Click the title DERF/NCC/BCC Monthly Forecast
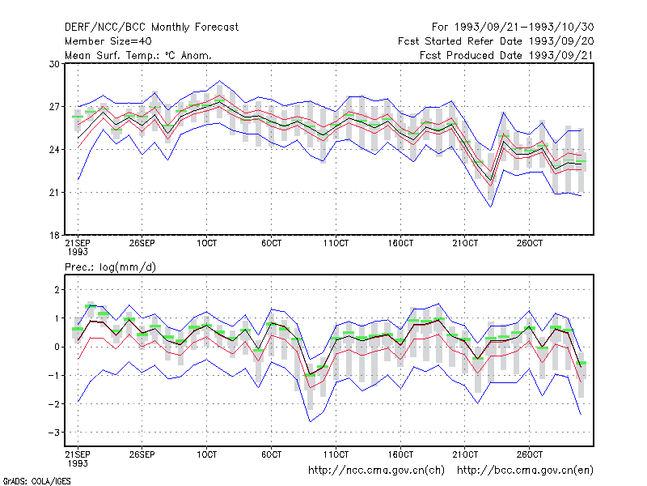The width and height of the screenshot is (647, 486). pyautogui.click(x=151, y=28)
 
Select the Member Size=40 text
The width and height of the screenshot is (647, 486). pyautogui.click(x=108, y=41)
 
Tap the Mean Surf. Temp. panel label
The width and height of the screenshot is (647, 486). pyautogui.click(x=138, y=55)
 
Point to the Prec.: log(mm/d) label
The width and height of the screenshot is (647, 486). pyautogui.click(x=110, y=267)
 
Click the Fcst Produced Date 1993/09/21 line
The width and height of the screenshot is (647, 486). pyautogui.click(x=506, y=55)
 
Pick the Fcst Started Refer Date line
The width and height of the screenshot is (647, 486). pyautogui.click(x=496, y=41)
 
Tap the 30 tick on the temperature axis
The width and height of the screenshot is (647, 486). pyautogui.click(x=54, y=64)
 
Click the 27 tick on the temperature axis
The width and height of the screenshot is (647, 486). pyautogui.click(x=54, y=107)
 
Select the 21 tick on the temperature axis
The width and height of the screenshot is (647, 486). pyautogui.click(x=54, y=193)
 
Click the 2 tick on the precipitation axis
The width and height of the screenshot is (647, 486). pyautogui.click(x=57, y=290)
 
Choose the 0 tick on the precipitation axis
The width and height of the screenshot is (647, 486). pyautogui.click(x=57, y=347)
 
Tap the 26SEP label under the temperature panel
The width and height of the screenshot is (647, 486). pyautogui.click(x=142, y=243)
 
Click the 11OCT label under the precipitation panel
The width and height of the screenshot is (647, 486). pyautogui.click(x=336, y=454)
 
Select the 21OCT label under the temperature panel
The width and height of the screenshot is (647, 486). pyautogui.click(x=465, y=243)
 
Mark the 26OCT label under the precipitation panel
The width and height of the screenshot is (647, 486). pyautogui.click(x=530, y=454)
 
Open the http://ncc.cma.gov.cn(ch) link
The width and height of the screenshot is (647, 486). pyautogui.click(x=376, y=471)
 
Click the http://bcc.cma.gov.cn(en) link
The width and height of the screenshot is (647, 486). pyautogui.click(x=525, y=471)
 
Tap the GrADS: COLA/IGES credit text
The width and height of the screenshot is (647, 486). pyautogui.click(x=36, y=481)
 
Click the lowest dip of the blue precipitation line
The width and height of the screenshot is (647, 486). pyautogui.click(x=311, y=421)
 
